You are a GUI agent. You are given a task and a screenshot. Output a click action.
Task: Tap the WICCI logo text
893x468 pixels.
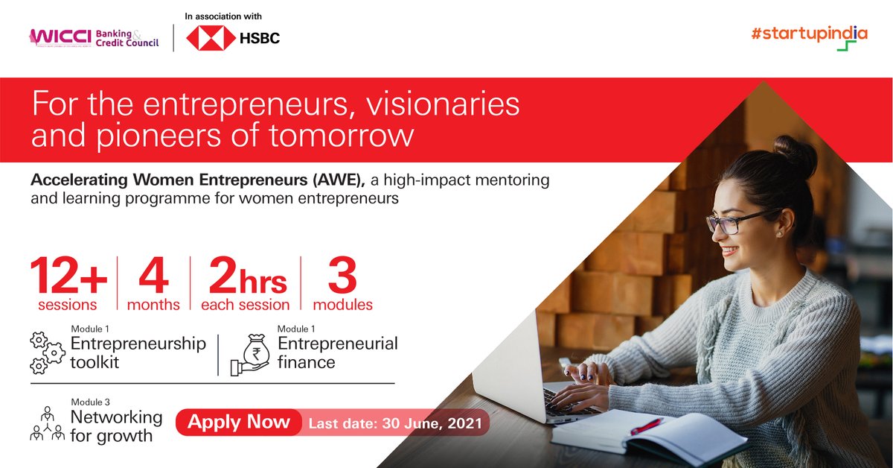59,37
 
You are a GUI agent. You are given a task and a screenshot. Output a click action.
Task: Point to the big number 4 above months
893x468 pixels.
153,277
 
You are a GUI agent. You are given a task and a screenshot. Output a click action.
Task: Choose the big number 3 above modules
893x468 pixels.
342,277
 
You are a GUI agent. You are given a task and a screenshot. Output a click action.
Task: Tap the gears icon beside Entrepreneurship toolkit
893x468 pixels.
45,352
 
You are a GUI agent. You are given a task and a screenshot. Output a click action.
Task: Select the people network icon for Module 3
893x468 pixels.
47,424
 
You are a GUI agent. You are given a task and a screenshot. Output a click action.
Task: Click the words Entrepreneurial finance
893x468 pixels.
337,352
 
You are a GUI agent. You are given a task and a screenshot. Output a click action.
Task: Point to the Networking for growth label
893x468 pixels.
116,426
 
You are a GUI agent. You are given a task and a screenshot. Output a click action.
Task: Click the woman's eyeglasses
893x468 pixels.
737,221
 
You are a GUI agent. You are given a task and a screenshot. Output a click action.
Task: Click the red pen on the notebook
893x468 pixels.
646,426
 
